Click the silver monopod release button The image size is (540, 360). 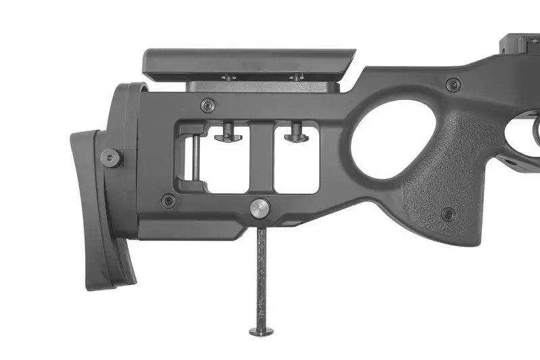[259, 209]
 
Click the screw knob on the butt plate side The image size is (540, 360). [111, 158]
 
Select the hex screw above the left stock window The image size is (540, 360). [208, 105]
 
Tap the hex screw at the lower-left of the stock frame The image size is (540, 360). [168, 201]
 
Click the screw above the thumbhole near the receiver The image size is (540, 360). [453, 85]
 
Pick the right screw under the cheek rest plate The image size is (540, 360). [296, 78]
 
